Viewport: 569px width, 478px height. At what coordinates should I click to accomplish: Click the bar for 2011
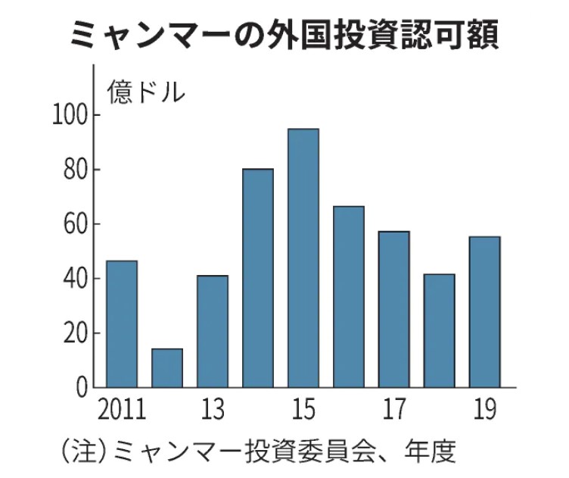pyautogui.click(x=122, y=324)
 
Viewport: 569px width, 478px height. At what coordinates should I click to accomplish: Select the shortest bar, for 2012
pyautogui.click(x=167, y=368)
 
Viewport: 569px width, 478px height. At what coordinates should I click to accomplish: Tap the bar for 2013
pyautogui.click(x=213, y=332)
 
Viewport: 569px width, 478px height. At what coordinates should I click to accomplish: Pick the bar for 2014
pyautogui.click(x=258, y=278)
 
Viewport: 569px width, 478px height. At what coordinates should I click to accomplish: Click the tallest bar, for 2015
pyautogui.click(x=303, y=258)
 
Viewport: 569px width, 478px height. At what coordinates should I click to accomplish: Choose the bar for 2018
pyautogui.click(x=440, y=331)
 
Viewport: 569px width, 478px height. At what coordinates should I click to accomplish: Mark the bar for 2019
pyautogui.click(x=485, y=312)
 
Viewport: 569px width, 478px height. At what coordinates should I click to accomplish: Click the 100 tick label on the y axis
pyautogui.click(x=70, y=115)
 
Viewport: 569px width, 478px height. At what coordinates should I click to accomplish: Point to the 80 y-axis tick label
pyautogui.click(x=76, y=170)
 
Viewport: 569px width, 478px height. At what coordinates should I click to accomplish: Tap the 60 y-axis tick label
pyautogui.click(x=76, y=224)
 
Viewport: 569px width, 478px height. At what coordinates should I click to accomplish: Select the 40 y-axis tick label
pyautogui.click(x=76, y=279)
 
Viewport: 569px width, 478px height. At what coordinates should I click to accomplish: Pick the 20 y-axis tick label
pyautogui.click(x=76, y=333)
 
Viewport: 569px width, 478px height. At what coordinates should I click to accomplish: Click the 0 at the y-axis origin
pyautogui.click(x=82, y=388)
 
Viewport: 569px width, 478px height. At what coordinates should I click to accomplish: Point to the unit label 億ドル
pyautogui.click(x=146, y=92)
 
